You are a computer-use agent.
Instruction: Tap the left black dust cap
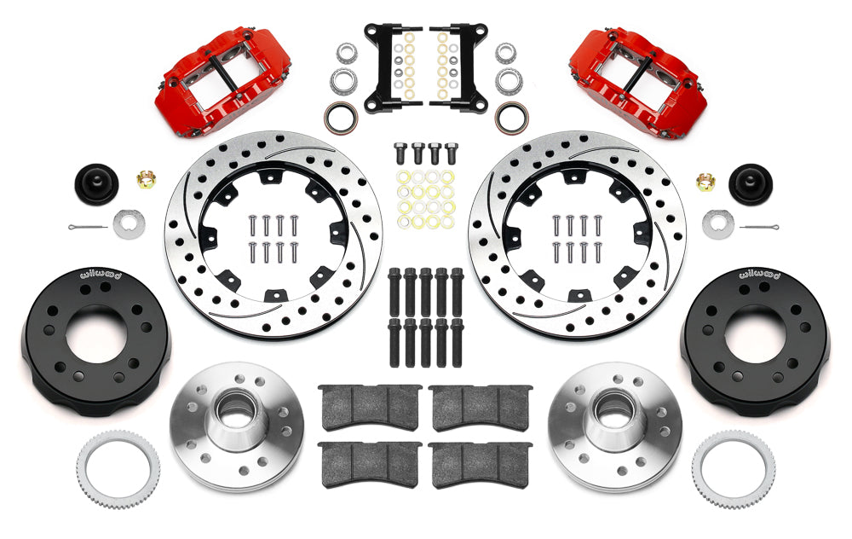click(x=96, y=184)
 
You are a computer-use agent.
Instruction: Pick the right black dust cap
click(x=751, y=184)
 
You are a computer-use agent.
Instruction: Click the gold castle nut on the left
click(x=146, y=178)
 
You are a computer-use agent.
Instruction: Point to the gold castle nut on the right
click(x=705, y=182)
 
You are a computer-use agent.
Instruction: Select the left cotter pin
click(x=88, y=226)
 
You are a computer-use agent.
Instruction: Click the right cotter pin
click(x=759, y=226)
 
